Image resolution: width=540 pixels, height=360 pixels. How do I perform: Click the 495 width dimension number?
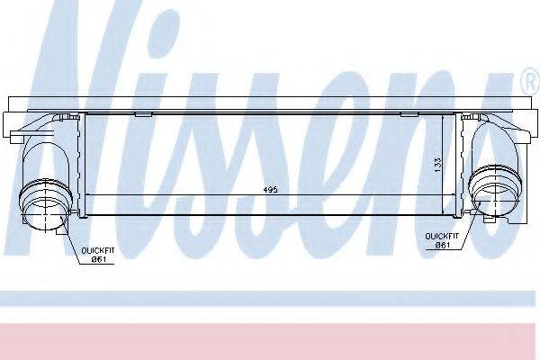(270, 190)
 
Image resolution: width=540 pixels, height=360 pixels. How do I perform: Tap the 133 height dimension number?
(437, 166)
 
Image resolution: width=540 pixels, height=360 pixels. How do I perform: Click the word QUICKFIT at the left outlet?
(98, 250)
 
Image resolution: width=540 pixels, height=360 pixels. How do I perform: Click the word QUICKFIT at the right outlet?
(442, 237)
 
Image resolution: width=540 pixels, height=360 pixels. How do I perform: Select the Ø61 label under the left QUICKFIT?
(98, 259)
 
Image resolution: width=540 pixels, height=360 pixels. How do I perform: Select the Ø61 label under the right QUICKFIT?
(443, 246)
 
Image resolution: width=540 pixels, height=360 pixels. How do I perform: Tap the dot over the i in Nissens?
(165, 31)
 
